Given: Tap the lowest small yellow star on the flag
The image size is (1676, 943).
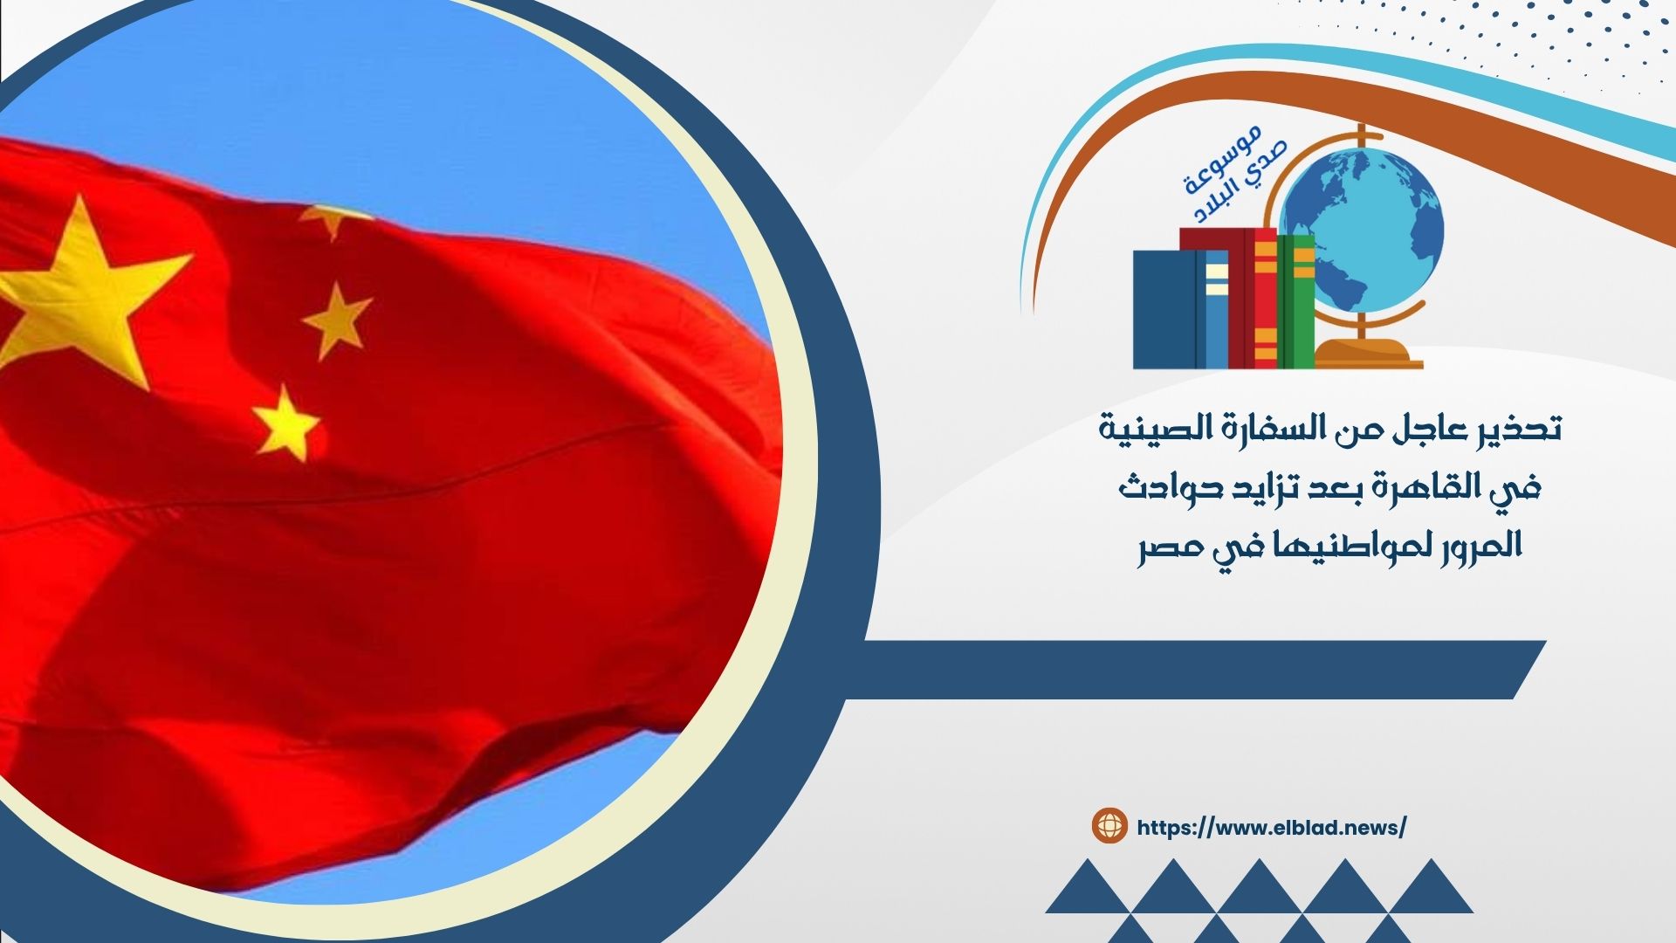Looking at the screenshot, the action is pyautogui.click(x=285, y=423).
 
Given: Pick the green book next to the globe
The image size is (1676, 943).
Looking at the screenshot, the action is pyautogui.click(x=1296, y=300).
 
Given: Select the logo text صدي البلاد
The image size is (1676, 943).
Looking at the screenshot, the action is pyautogui.click(x=1240, y=182).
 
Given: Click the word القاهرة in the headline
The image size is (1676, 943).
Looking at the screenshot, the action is pyautogui.click(x=1441, y=486).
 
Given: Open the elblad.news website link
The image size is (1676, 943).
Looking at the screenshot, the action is pyautogui.click(x=1272, y=828).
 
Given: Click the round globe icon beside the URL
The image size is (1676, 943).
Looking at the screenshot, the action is pyautogui.click(x=1110, y=825).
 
